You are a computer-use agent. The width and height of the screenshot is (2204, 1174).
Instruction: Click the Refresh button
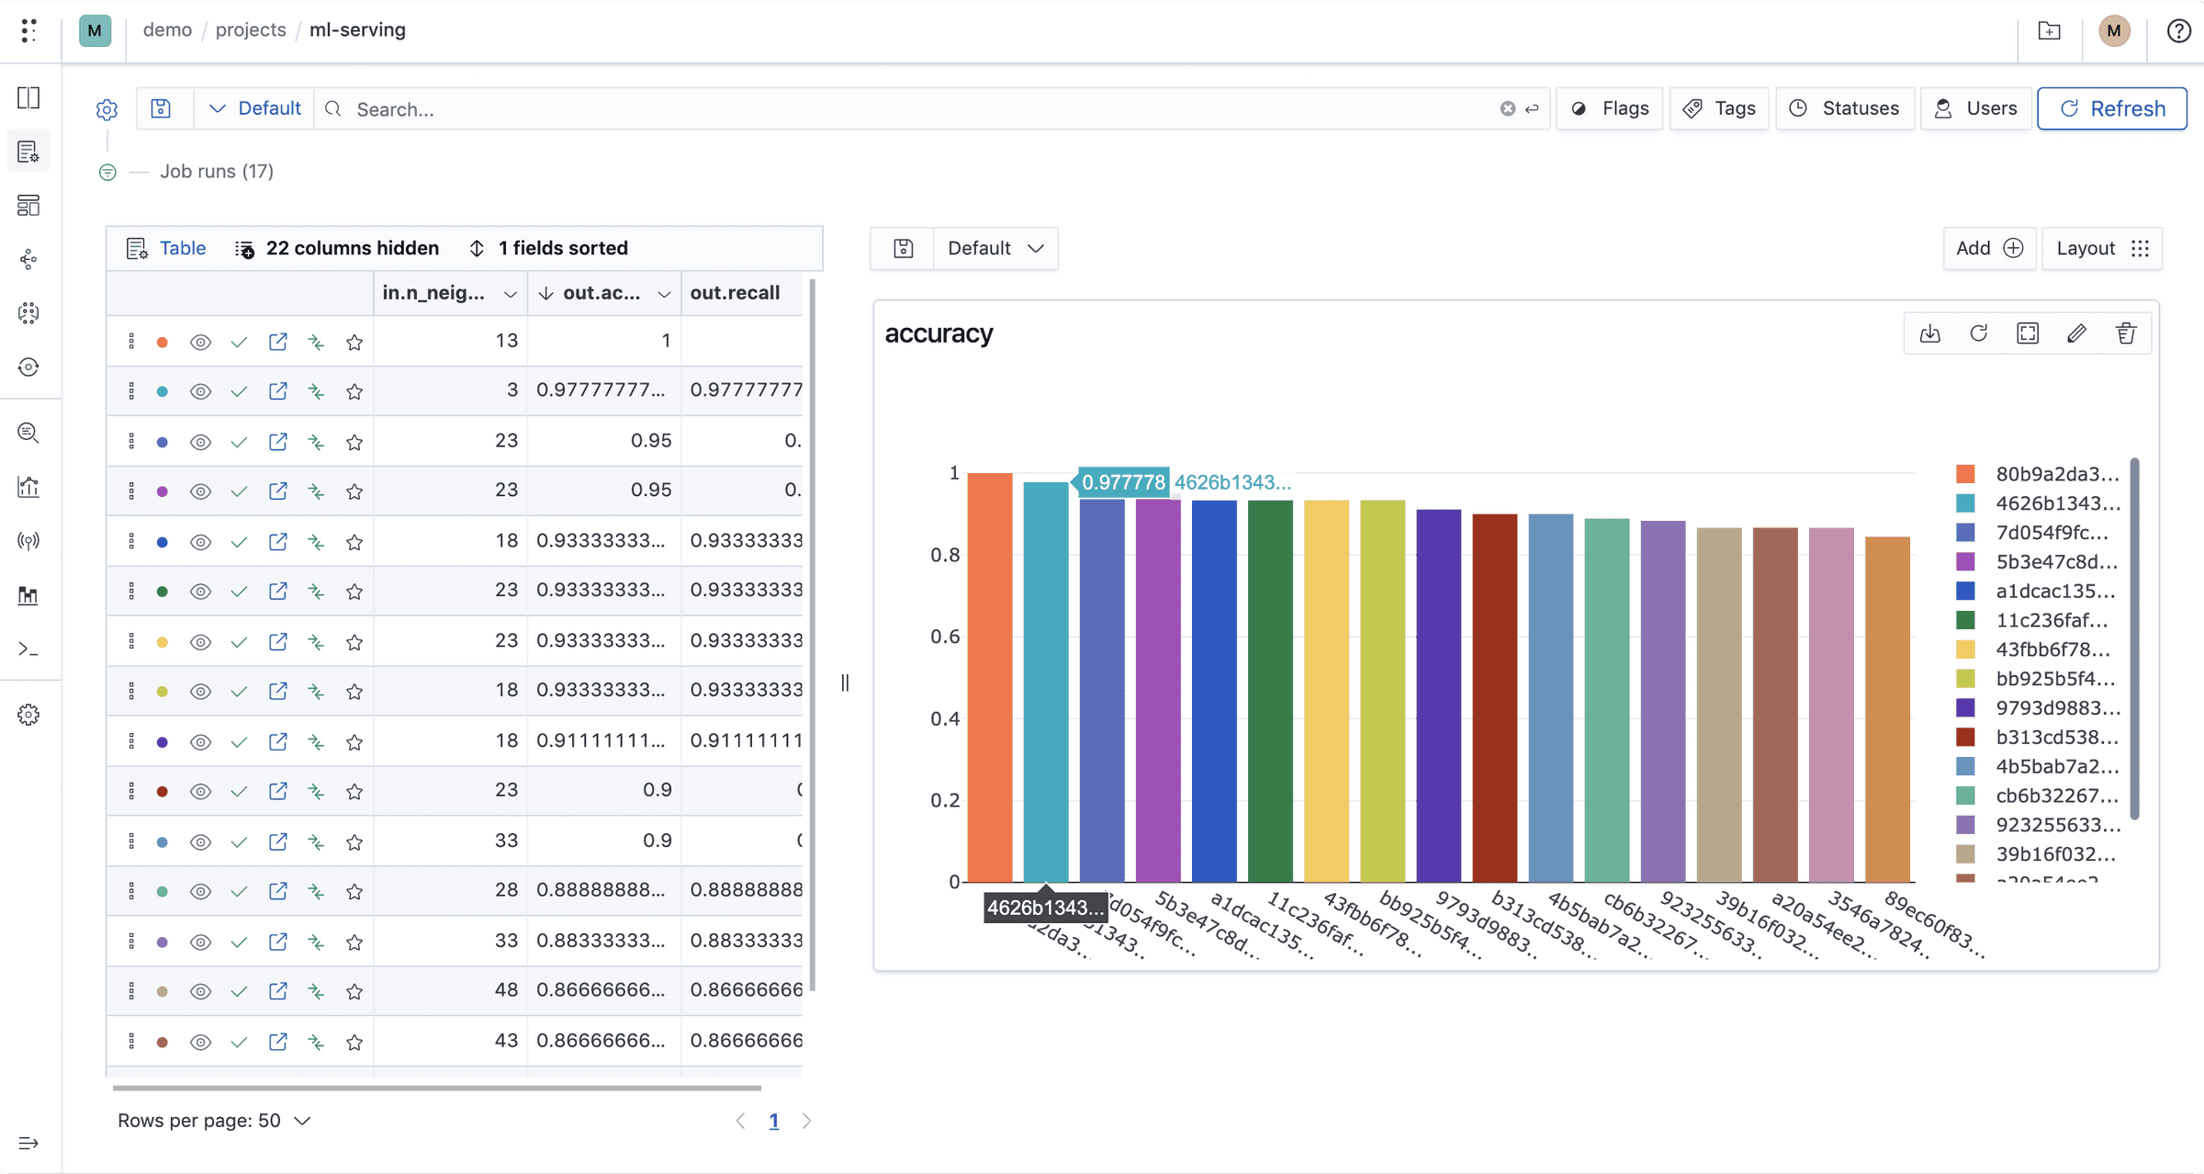click(x=2111, y=108)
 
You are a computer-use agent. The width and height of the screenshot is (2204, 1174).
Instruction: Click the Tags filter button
click(x=1718, y=108)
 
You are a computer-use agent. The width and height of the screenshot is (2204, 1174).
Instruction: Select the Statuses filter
click(x=1844, y=108)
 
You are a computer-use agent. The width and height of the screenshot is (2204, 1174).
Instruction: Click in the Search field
click(x=918, y=109)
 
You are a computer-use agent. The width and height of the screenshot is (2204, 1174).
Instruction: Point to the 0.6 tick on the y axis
click(x=945, y=637)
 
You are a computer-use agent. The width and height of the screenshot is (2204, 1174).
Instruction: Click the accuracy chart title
click(x=939, y=333)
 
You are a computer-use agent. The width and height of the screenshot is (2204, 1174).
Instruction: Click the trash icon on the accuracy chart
click(x=2126, y=333)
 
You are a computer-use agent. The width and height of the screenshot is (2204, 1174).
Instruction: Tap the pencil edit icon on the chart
click(x=2076, y=333)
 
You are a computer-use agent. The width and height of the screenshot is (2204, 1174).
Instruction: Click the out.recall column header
click(x=735, y=293)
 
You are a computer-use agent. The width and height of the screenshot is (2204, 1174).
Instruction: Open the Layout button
click(x=2102, y=248)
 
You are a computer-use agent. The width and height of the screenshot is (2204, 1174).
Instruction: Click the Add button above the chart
click(x=1989, y=248)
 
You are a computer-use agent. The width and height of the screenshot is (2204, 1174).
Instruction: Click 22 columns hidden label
click(x=352, y=248)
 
